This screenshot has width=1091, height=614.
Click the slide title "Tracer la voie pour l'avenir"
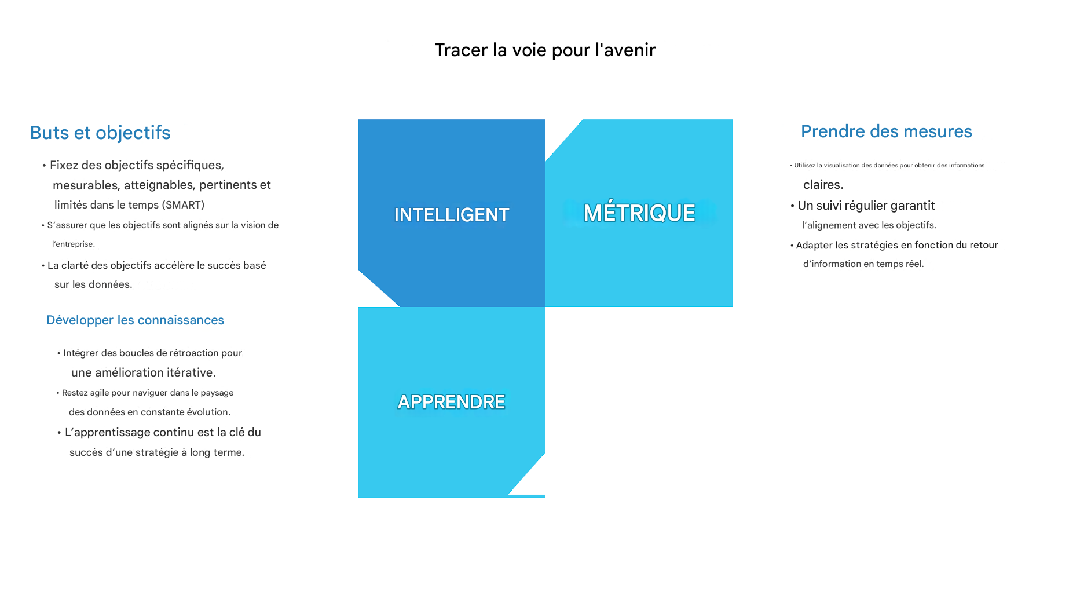tap(545, 50)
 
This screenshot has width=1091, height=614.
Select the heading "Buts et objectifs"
tap(100, 133)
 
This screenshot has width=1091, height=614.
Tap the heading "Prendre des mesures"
tap(886, 131)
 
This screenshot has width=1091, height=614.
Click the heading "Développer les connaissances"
tap(135, 320)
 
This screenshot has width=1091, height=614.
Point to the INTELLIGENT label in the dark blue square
tap(452, 215)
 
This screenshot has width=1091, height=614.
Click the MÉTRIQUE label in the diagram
tap(639, 213)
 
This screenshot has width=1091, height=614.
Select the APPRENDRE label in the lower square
tap(451, 402)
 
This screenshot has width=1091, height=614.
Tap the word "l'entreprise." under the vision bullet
tap(74, 244)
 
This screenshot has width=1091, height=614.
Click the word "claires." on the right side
tap(823, 185)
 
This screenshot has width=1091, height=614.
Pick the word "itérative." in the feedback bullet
tap(191, 372)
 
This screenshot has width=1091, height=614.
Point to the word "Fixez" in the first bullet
tap(64, 165)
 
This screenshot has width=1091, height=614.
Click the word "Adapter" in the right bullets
tap(814, 246)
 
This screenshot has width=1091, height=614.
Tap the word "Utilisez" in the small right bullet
tap(804, 166)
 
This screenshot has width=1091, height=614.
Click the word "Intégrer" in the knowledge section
tap(80, 353)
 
